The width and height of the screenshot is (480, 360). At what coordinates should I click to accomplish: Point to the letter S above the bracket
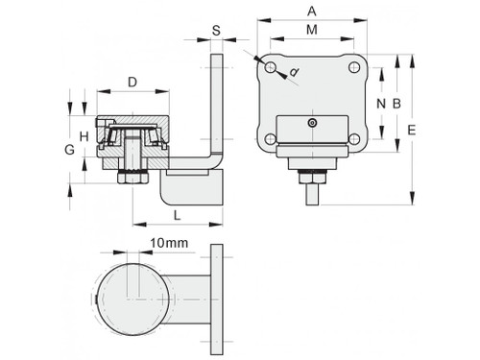tap(215, 31)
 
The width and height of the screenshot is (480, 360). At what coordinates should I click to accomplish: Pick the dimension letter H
tap(84, 135)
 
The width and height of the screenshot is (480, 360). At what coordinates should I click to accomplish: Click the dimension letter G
tap(67, 150)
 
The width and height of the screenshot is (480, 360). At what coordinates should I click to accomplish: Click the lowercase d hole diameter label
tap(292, 70)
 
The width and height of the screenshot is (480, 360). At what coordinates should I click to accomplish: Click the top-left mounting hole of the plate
tap(273, 67)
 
